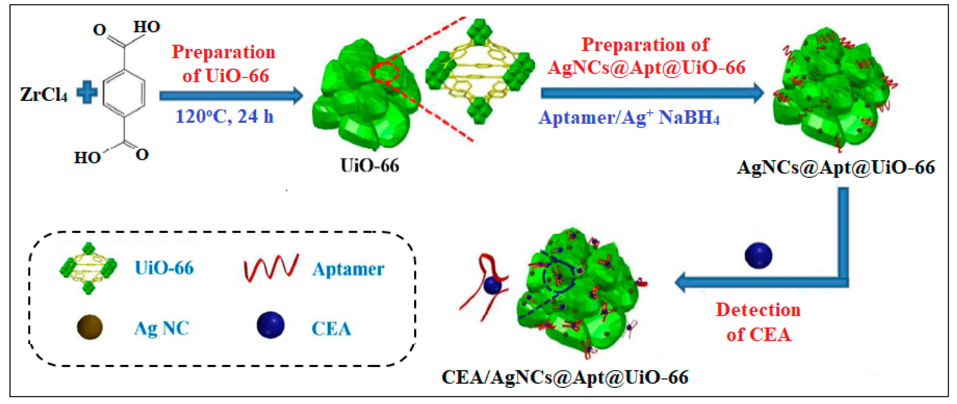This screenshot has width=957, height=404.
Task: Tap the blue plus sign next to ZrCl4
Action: (x=87, y=93)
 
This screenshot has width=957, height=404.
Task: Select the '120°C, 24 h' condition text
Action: (x=224, y=117)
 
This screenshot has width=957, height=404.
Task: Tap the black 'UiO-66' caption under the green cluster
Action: (x=370, y=166)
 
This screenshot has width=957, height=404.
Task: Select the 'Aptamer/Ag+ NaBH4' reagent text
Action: (x=629, y=118)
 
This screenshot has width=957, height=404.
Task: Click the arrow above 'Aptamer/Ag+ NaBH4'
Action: (x=652, y=93)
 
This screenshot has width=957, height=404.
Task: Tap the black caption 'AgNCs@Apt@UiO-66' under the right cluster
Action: (x=836, y=167)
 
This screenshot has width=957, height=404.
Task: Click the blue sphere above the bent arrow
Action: (x=758, y=255)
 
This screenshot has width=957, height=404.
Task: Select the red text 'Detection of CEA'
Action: (x=758, y=322)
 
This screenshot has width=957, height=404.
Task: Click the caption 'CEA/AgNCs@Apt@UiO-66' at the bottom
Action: (x=565, y=377)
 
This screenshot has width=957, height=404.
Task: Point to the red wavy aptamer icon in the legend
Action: (x=271, y=268)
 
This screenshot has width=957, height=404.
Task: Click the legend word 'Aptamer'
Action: (x=348, y=269)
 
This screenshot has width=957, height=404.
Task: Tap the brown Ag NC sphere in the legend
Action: (x=90, y=327)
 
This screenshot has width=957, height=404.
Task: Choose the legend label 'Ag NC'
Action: (x=162, y=328)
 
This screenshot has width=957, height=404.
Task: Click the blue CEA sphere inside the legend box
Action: (x=270, y=325)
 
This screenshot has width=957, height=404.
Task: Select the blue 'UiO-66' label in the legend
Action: (x=164, y=268)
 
